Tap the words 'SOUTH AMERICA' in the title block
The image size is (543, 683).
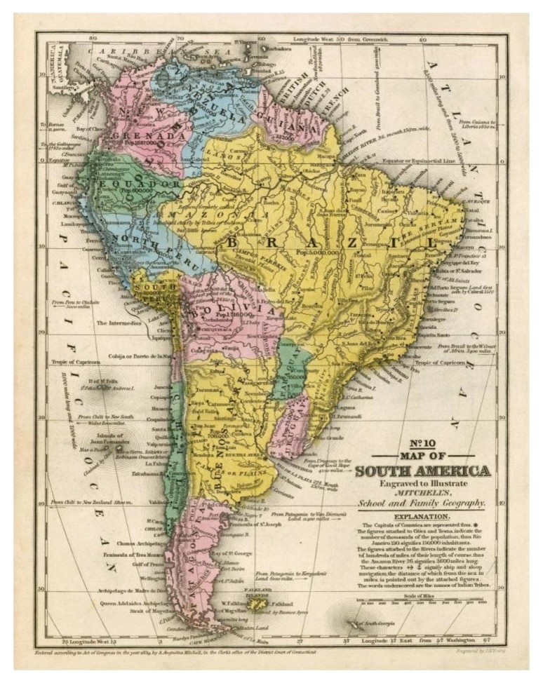click(x=422, y=471)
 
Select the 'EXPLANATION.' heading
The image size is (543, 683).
click(x=422, y=517)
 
